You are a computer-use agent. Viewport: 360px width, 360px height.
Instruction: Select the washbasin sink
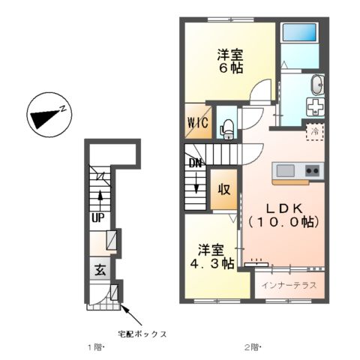316,83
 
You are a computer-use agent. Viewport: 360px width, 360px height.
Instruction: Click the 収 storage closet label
223,188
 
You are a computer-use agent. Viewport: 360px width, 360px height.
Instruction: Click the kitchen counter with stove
298,172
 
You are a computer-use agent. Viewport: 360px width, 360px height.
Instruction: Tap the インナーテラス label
289,285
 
